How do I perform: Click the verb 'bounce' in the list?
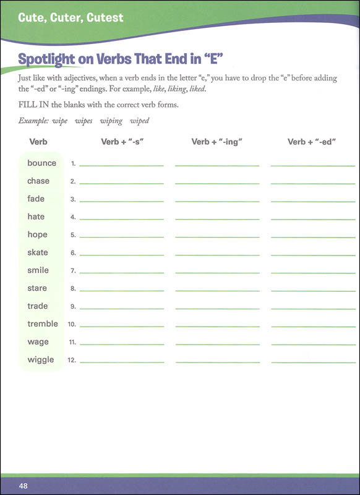pos(41,163)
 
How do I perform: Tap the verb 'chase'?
pos(38,181)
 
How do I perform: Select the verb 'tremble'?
pos(43,324)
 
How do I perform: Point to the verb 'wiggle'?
pos(41,360)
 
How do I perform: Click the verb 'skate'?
pos(38,252)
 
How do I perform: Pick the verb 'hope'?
pos(37,235)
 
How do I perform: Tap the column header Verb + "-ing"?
pos(216,142)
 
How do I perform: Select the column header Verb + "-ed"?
pos(311,142)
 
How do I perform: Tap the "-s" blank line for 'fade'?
pos(121,201)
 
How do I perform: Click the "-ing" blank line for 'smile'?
pos(217,273)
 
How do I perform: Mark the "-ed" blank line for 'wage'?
pos(313,344)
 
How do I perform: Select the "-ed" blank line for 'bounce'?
pos(313,165)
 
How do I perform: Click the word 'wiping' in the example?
pos(111,121)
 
